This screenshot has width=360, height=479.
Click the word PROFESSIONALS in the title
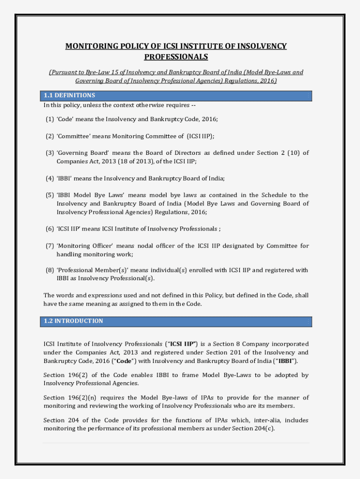tap(176, 57)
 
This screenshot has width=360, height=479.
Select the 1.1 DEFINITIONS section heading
tap(69, 95)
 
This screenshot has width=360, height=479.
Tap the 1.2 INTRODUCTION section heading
tap(73, 321)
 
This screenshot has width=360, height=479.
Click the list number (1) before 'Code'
tap(50, 119)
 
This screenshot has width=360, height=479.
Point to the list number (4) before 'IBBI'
tap(50, 178)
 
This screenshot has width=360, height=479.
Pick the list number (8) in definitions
tap(50, 270)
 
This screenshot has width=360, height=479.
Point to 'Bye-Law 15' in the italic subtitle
tap(104, 73)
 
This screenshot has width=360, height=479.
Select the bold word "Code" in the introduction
tap(124, 361)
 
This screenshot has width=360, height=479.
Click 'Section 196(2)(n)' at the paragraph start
tap(67, 398)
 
